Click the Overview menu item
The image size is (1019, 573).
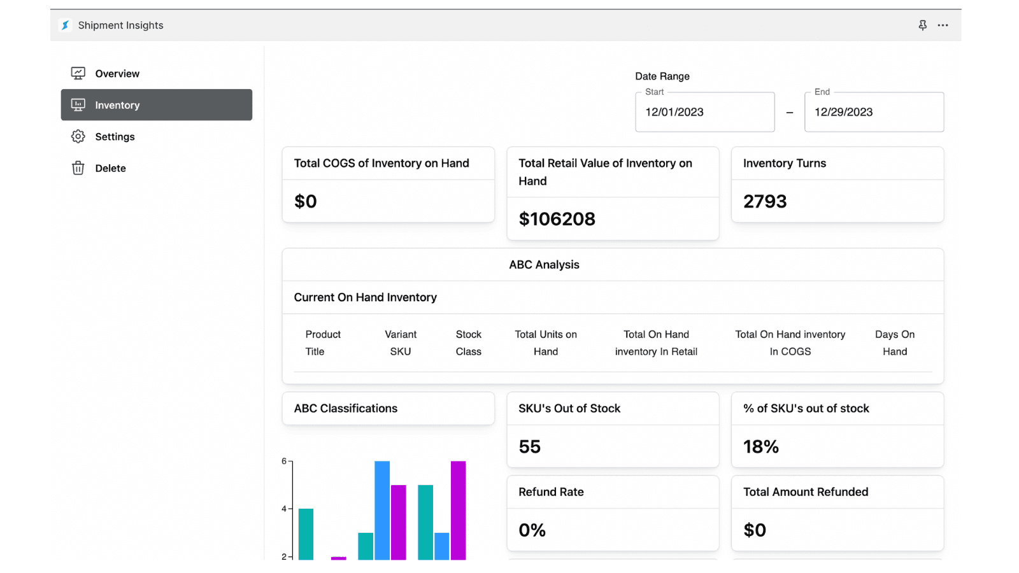pos(117,74)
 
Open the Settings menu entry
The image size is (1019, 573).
pos(115,137)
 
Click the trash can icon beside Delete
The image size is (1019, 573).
pos(78,168)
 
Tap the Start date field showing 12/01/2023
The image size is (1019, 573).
pos(704,112)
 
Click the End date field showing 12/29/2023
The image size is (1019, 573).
pos(873,112)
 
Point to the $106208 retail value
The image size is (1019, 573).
pos(557,219)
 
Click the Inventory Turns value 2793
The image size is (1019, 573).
pos(765,202)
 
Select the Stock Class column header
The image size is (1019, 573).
pos(468,343)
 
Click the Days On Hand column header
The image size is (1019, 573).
pos(894,343)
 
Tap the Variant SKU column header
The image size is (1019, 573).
pos(401,343)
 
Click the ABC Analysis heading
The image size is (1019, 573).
pos(544,265)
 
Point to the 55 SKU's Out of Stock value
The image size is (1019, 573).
pos(529,447)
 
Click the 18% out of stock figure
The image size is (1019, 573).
pos(761,447)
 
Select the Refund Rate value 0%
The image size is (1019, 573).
pos(532,530)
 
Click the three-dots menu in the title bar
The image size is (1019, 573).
pos(943,25)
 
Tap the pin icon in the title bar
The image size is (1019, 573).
pos(922,25)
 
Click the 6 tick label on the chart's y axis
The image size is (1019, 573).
pos(284,461)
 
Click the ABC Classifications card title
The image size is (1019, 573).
pos(345,409)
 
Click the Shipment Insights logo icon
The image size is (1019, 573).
pos(65,25)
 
